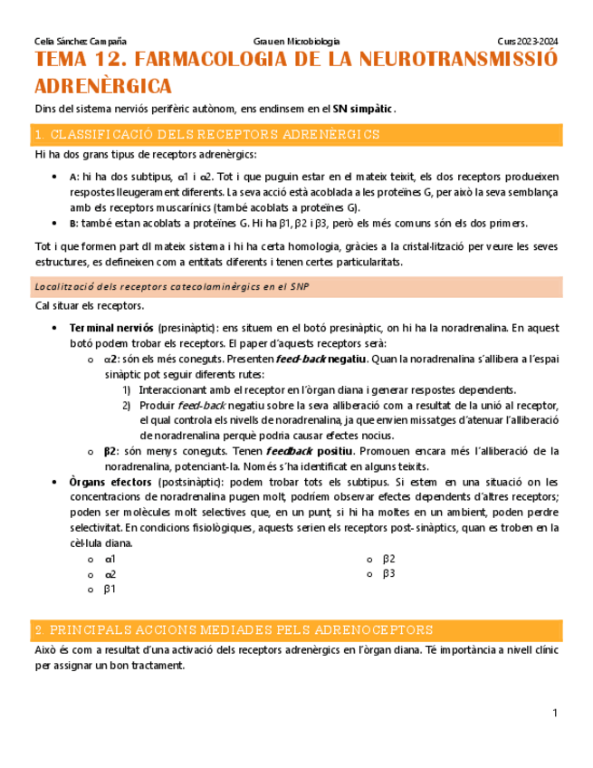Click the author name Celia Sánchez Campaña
(80, 42)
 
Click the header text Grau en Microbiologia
(296, 42)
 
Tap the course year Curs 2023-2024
(528, 42)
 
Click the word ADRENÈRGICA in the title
(102, 86)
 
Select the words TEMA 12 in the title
(77, 61)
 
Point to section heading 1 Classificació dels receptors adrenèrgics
(206, 135)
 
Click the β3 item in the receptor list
(389, 573)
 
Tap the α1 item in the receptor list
(110, 559)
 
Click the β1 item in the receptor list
(110, 589)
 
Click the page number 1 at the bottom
(554, 715)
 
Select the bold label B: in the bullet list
(73, 224)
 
